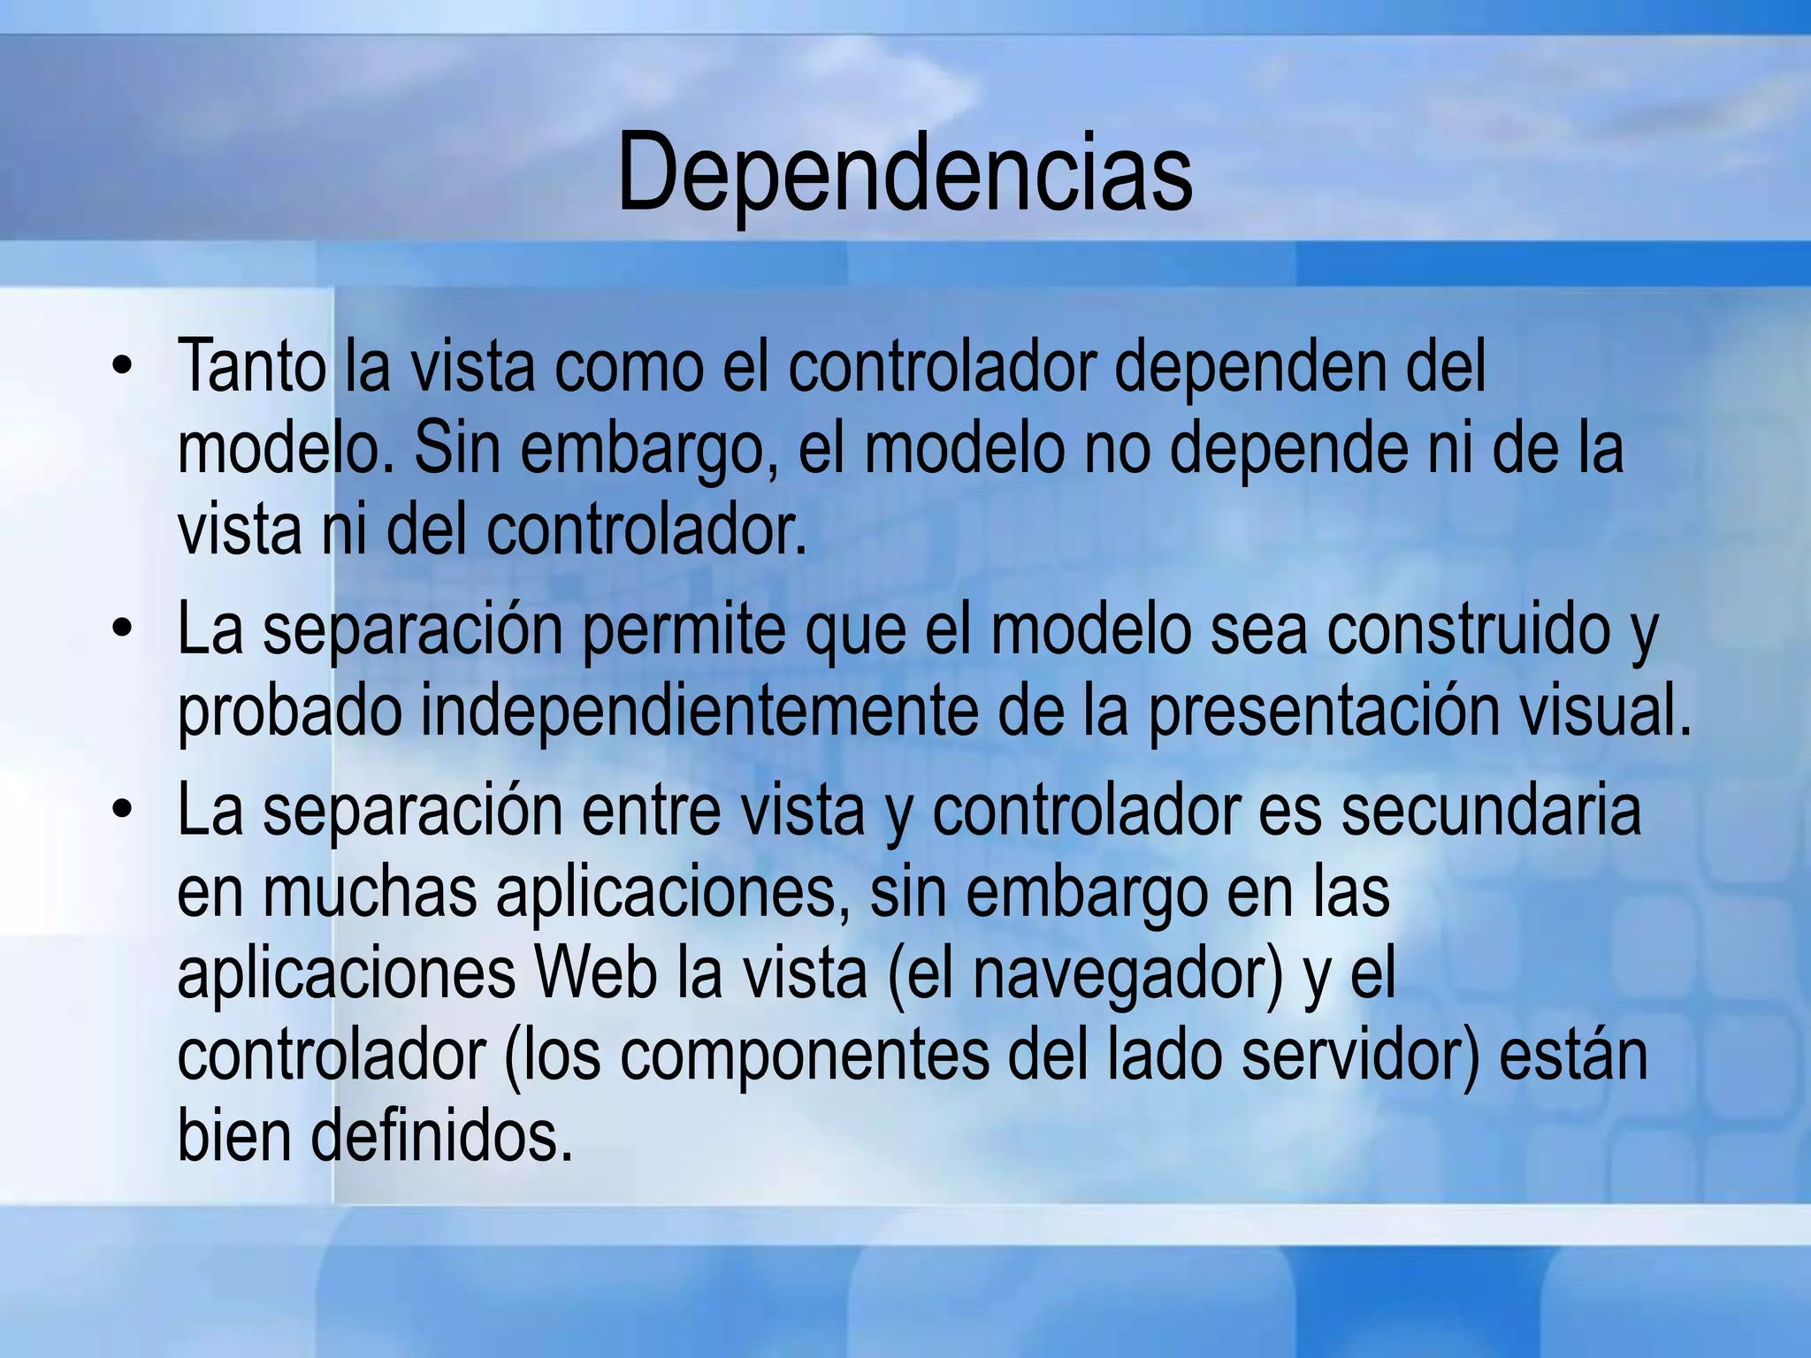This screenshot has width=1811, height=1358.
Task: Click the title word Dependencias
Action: click(905, 172)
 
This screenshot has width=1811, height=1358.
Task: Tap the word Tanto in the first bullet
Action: click(251, 365)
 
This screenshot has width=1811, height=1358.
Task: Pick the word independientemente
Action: click(699, 712)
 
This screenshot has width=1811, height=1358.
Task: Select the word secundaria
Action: click(1491, 811)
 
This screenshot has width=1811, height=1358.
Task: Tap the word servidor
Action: click(1357, 1055)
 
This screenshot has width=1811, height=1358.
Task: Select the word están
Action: click(1573, 1055)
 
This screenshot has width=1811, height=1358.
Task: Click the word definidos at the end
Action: click(440, 1136)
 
